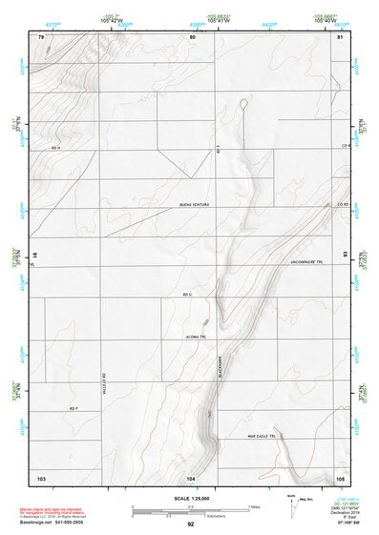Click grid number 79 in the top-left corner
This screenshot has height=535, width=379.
point(41,36)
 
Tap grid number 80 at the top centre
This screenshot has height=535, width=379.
point(192,36)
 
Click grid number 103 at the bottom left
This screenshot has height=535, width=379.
point(41,476)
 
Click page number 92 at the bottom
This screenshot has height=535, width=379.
point(191,524)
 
